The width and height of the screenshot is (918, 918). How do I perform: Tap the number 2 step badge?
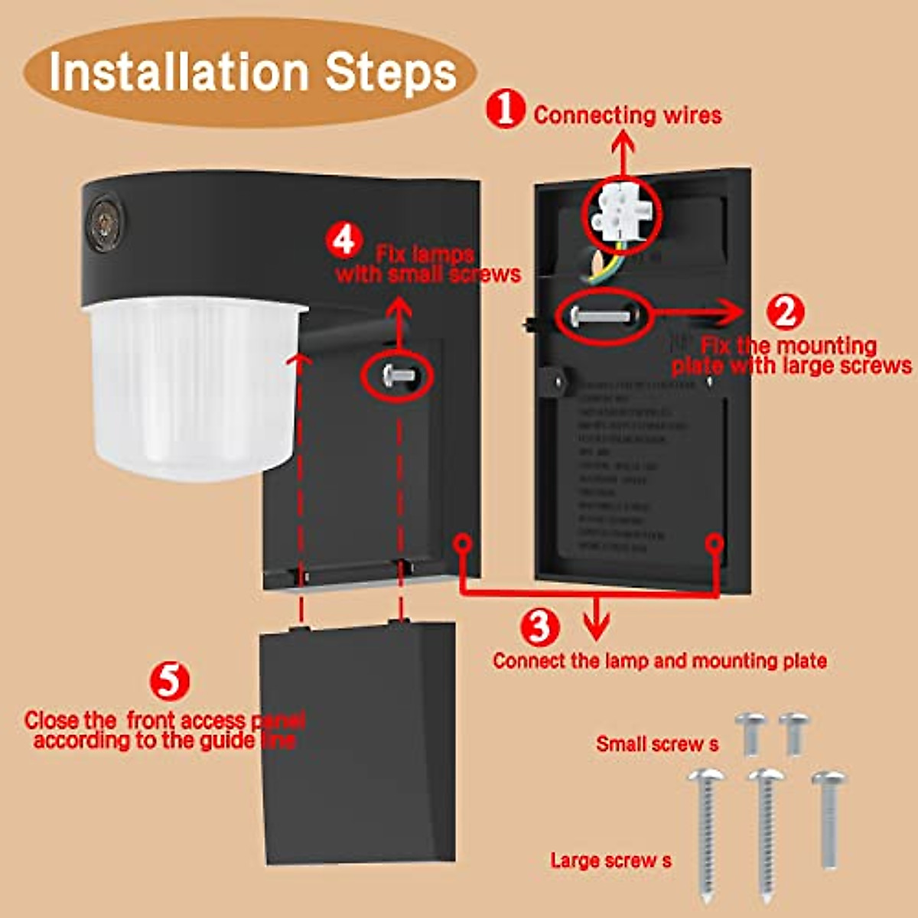click(x=785, y=311)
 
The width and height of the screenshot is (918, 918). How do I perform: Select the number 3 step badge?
click(x=540, y=626)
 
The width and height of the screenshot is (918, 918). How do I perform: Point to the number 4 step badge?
click(x=344, y=239)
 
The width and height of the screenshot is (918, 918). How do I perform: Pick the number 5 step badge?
click(x=169, y=680)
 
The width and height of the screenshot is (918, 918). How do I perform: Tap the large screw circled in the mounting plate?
click(x=601, y=314)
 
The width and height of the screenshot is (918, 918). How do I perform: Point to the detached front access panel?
click(x=358, y=742)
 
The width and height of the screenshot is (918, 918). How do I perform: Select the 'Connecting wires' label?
click(x=627, y=116)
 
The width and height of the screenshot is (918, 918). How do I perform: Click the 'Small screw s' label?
click(x=657, y=744)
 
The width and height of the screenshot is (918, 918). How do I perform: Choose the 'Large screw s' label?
click(x=610, y=861)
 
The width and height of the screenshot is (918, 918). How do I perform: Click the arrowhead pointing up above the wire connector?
click(x=623, y=142)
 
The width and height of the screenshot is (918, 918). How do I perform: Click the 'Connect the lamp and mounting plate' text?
click(x=659, y=661)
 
